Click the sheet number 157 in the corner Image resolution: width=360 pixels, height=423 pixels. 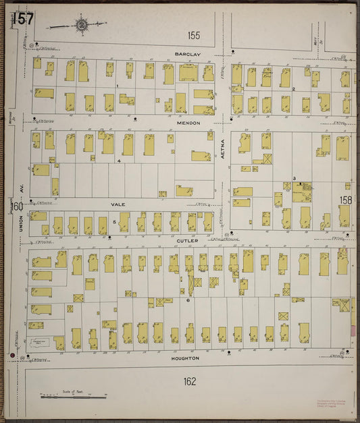point(22,20)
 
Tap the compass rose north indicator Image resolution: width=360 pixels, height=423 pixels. point(81,26)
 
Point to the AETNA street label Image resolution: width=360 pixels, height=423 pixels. point(222,157)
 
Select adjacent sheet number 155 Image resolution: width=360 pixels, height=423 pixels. point(195,34)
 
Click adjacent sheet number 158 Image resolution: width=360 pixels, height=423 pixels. point(345,200)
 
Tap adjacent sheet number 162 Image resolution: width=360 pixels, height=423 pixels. point(189,382)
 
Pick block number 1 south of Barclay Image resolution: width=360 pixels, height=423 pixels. point(117,86)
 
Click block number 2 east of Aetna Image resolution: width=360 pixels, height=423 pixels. point(293,88)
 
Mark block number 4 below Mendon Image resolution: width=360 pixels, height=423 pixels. point(118,161)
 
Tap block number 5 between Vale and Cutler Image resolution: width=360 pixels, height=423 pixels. point(115,221)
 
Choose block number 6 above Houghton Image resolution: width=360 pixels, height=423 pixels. point(187,300)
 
